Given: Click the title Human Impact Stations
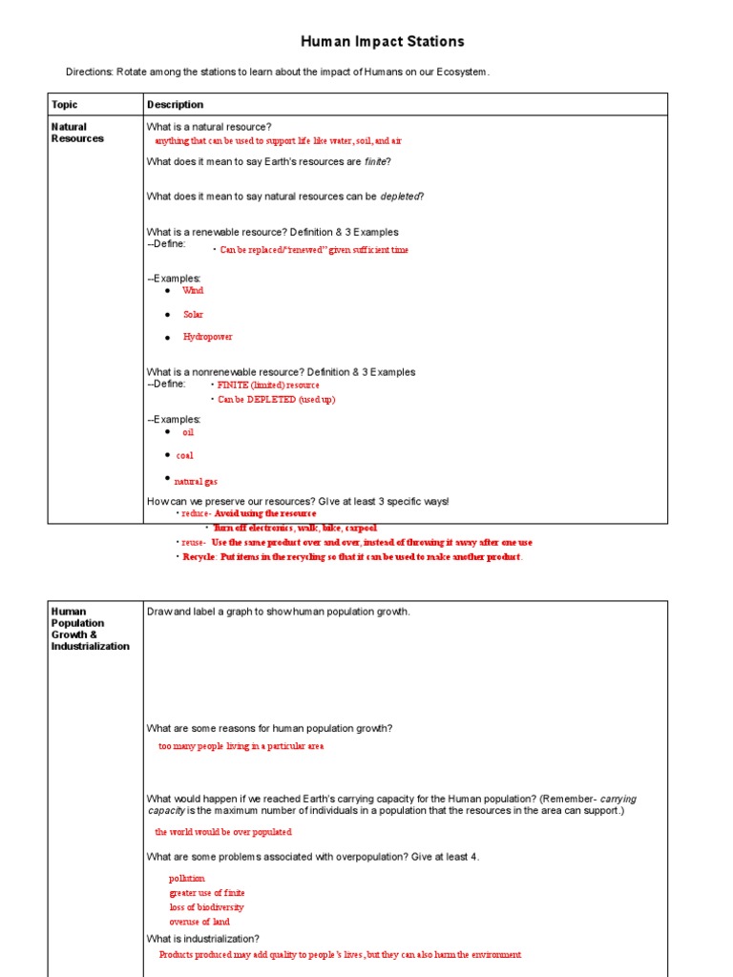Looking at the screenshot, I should point(383,41).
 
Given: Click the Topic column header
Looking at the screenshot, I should point(65,105).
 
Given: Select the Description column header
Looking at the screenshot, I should point(175,105).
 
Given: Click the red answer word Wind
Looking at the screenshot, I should point(193,291).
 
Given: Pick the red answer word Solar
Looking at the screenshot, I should point(193,315).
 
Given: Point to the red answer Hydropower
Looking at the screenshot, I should point(207,338).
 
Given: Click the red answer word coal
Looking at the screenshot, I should point(184,456).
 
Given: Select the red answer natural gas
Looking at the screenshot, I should point(196,483).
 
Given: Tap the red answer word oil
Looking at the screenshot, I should point(188,432).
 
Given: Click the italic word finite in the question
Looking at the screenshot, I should point(376,162).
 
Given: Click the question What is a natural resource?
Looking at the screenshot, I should point(209,127).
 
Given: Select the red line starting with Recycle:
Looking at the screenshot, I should point(352,557).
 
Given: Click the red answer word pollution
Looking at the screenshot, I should point(187,879).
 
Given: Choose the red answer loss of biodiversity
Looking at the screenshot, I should point(206,907).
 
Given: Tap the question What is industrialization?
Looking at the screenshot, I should point(202,939).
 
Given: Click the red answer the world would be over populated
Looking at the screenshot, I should point(223,832).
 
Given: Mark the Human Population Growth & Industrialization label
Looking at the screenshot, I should point(90,629).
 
